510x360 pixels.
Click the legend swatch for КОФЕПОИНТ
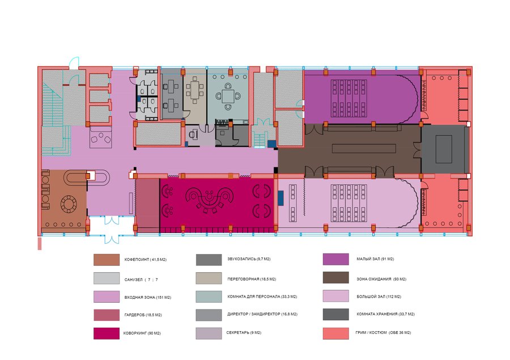[x=107, y=260]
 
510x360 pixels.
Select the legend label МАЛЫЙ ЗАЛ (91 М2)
[x=375, y=259]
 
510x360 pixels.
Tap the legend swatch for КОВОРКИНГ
[x=107, y=333]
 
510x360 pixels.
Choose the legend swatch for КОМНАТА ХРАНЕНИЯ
[x=335, y=315]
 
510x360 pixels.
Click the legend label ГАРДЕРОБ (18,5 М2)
[x=143, y=315]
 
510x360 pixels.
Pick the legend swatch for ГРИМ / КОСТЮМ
[x=335, y=333]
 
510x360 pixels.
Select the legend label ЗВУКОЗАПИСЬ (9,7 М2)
[x=249, y=259]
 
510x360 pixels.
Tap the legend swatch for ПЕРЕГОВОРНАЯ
[x=209, y=278]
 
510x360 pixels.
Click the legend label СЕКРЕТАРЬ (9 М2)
[x=244, y=333]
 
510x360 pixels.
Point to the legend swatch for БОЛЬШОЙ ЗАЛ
[x=335, y=296]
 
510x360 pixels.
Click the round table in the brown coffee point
[x=69, y=204]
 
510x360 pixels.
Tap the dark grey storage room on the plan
[x=444, y=149]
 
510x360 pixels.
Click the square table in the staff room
[x=228, y=96]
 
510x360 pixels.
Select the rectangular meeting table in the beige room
[x=194, y=90]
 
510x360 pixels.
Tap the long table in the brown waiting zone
[x=364, y=149]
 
